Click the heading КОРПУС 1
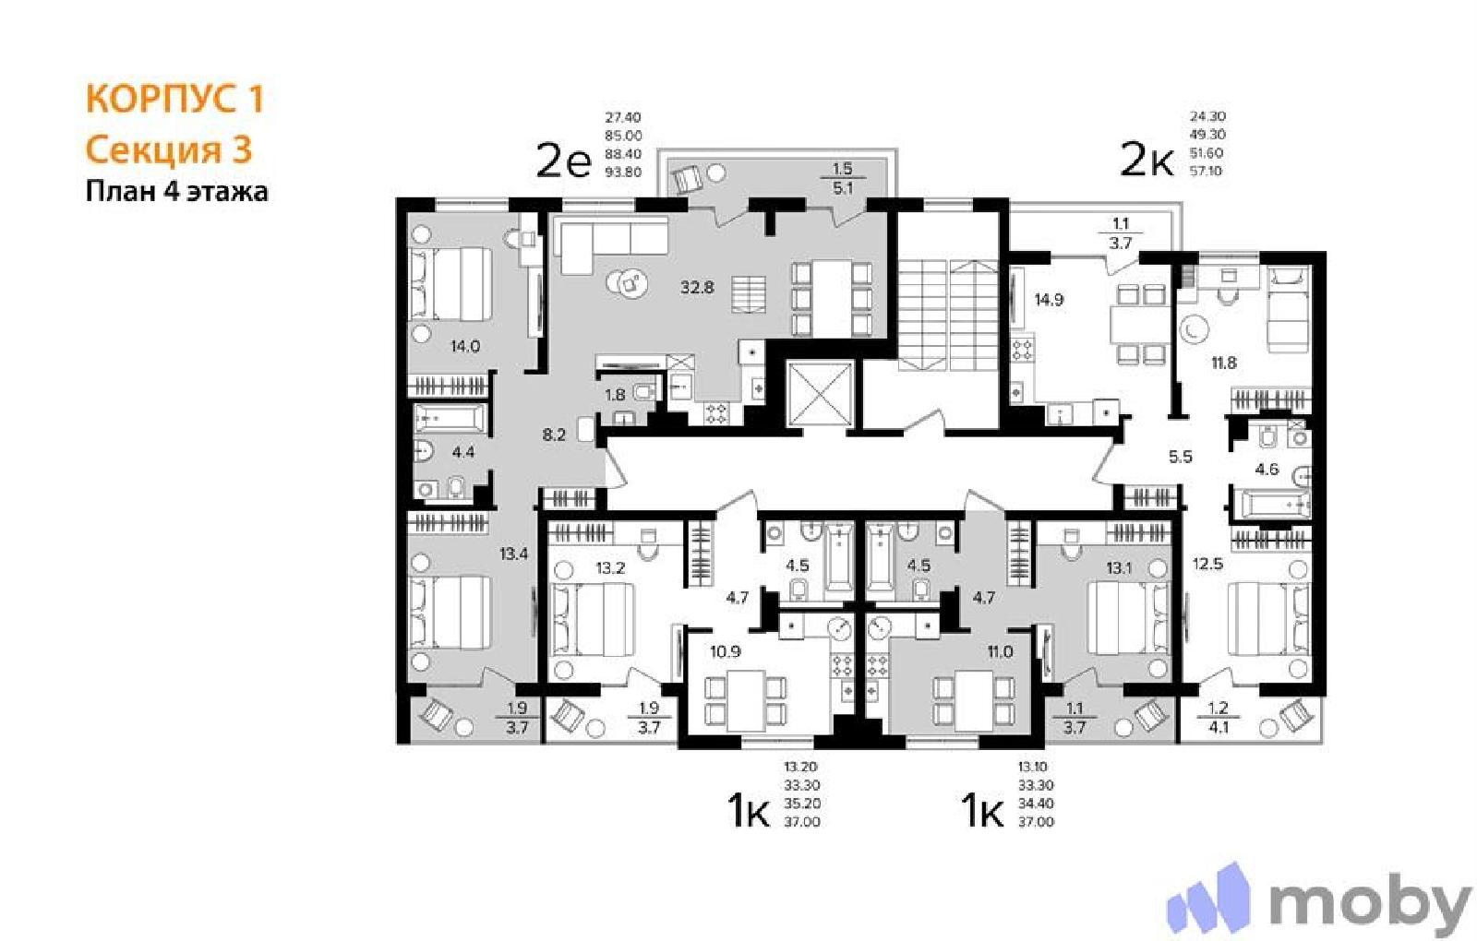point(174,99)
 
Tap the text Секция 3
point(169,149)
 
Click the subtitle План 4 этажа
point(176,192)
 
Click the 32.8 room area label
point(698,287)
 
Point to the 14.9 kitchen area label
point(1049,301)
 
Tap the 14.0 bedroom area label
point(465,346)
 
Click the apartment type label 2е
point(564,161)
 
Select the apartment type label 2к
point(1147,161)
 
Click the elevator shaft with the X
point(821,394)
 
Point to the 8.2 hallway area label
point(554,435)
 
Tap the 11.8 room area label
point(1224,363)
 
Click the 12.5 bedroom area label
point(1208,564)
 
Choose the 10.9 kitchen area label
point(726,652)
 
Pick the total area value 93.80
point(623,173)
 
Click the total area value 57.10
point(1207,172)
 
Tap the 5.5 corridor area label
point(1181,457)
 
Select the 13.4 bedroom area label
point(513,554)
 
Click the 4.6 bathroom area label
point(1267,470)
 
